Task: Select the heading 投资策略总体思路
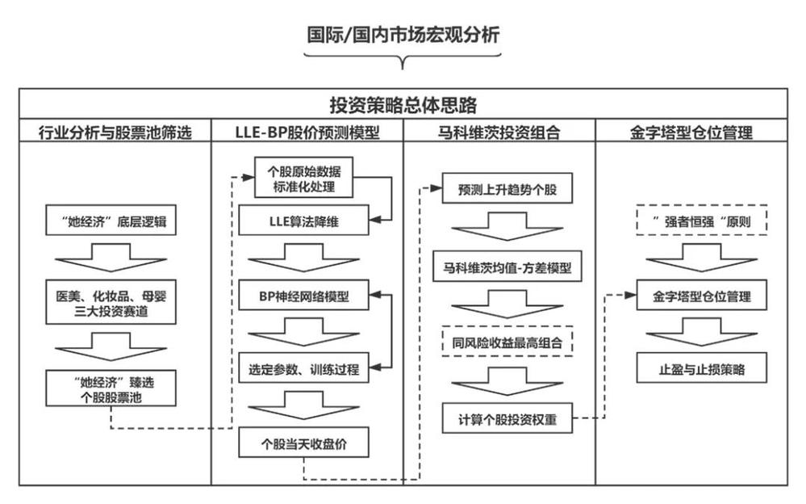[x=403, y=105]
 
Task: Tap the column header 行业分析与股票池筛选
[x=115, y=132]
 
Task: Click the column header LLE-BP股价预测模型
[x=307, y=132]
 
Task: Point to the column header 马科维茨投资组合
[x=499, y=132]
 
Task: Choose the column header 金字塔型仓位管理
[x=691, y=132]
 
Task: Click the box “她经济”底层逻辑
[x=111, y=220]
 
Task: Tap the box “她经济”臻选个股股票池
[x=111, y=388]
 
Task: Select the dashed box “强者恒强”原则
[x=701, y=220]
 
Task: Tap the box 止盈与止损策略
[x=701, y=368]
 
